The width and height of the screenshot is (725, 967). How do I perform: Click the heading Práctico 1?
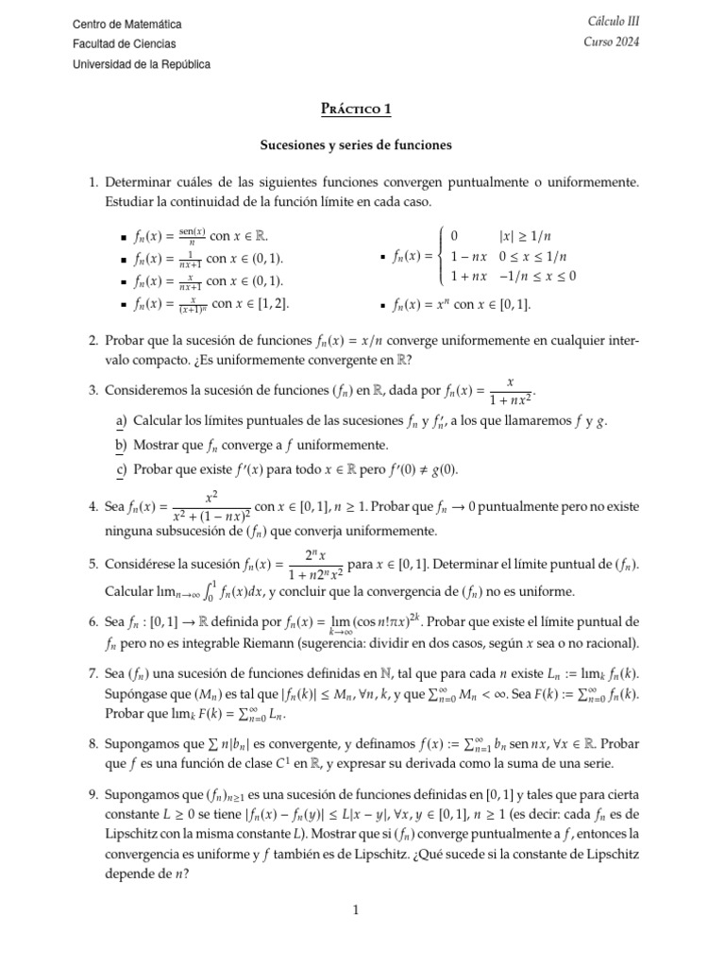pos(357,109)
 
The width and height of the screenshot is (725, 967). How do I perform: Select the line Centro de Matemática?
pos(127,24)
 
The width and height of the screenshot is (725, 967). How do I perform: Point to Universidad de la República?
pos(142,64)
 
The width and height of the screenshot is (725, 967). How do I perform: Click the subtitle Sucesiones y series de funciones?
pos(357,145)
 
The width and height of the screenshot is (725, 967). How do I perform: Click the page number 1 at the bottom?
pos(357,910)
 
